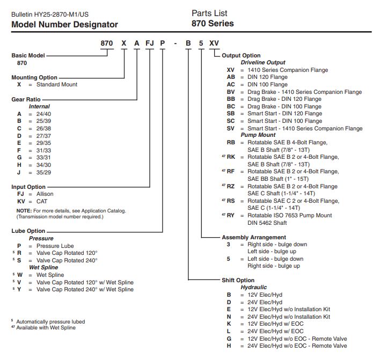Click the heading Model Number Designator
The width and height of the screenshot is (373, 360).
coord(64,24)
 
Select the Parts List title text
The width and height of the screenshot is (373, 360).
coord(209,13)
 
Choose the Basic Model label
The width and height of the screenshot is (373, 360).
coord(28,55)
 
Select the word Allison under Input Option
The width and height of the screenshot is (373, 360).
coord(45,194)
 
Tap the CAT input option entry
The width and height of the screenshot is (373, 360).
coord(42,201)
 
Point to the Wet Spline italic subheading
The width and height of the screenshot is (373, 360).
coord(43,267)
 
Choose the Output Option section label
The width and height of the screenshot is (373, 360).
coord(241,55)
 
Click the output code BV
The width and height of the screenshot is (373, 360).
coord(231,92)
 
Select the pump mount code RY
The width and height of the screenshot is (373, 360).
coord(231,215)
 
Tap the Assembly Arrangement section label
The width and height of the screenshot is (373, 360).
coord(254,237)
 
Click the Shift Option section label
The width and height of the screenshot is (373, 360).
coord(239,280)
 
